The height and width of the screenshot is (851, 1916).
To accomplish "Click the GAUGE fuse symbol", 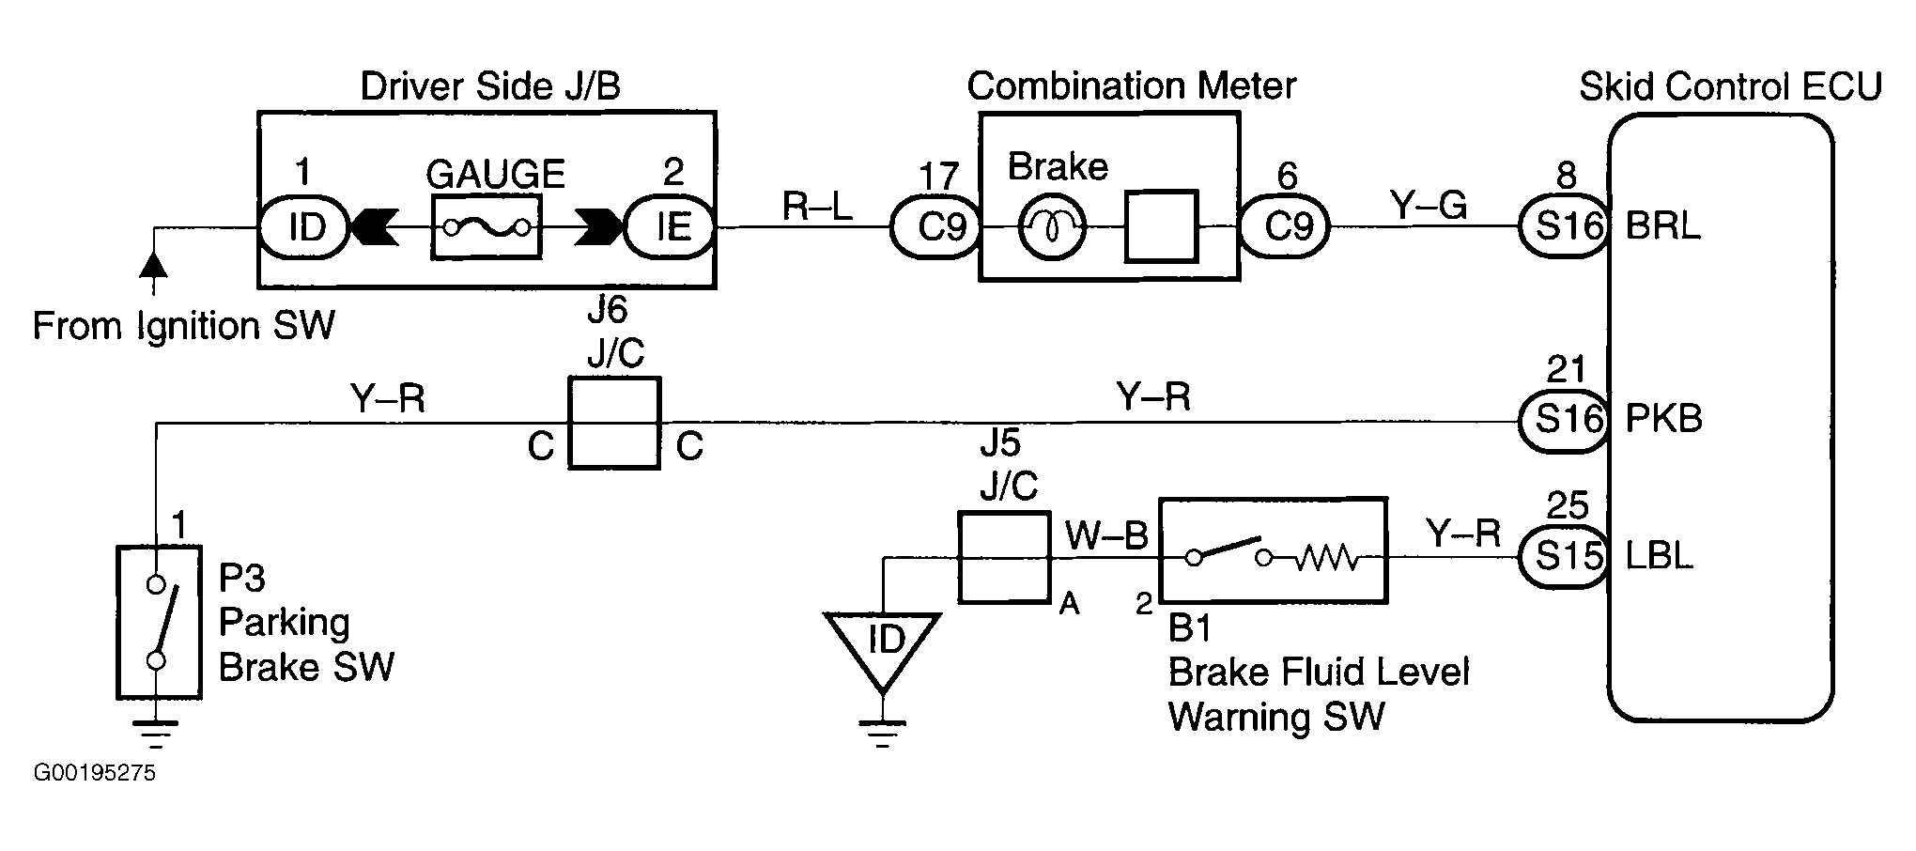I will [x=487, y=226].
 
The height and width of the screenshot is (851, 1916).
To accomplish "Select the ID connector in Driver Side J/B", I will [x=304, y=226].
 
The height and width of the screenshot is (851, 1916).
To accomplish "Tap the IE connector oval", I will [x=670, y=226].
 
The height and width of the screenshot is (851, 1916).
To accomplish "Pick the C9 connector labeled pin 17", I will [x=935, y=226].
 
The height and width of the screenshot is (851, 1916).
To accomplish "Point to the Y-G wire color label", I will [x=1429, y=205].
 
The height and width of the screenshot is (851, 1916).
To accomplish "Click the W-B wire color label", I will [x=1105, y=536].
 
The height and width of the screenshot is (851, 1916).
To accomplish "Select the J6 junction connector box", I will [x=614, y=423].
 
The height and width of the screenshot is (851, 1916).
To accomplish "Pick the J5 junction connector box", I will [x=1003, y=557].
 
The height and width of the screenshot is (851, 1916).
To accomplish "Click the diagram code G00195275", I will [x=94, y=774].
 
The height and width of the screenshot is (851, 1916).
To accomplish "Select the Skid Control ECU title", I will [x=1730, y=86].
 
